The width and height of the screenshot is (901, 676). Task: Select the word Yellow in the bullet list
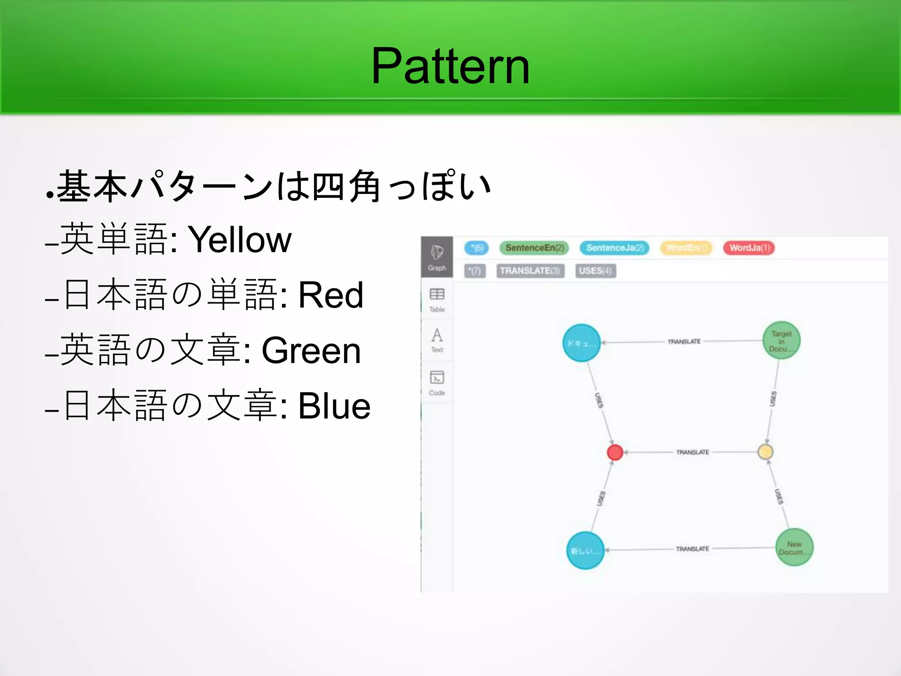point(240,240)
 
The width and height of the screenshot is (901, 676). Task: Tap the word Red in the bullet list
point(331,295)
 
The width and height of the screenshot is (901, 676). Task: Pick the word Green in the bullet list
point(311,351)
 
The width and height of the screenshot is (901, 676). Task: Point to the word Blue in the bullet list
point(334,406)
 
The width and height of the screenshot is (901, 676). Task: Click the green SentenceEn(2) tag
point(534,248)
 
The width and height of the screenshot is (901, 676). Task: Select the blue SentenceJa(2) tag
point(615,248)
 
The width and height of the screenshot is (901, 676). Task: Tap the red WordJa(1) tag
point(749,248)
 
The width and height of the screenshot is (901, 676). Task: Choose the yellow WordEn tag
point(686,248)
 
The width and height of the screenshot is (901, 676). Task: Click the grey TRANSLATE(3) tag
point(530,271)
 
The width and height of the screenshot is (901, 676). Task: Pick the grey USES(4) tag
point(596,271)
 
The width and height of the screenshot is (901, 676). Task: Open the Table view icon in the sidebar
point(437,299)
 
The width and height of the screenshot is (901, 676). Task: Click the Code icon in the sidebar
point(437,382)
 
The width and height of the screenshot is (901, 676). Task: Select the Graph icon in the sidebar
point(437,257)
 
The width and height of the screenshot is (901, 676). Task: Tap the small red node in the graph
point(615,452)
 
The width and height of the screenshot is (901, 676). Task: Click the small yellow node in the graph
point(765,452)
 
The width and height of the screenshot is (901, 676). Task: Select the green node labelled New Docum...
point(794,548)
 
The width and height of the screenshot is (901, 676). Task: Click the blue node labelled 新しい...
point(585,551)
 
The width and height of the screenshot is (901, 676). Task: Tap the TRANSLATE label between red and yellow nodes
point(692,452)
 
